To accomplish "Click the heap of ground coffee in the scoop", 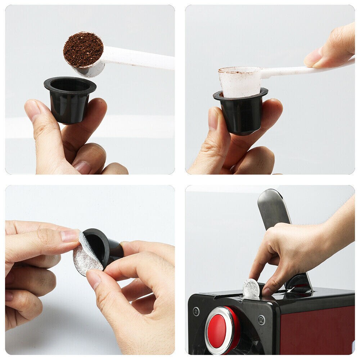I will pos(83,49).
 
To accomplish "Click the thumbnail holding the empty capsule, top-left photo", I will pos(33,110).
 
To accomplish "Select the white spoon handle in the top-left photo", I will pos(140,59).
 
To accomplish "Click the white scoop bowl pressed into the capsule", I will pos(240,81).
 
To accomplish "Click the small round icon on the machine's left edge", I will pos(196,311).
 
